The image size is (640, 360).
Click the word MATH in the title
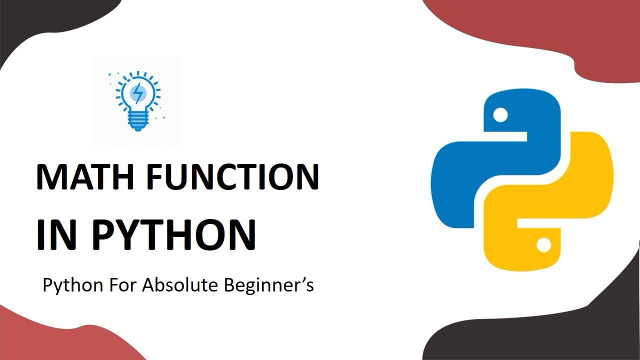[85, 176]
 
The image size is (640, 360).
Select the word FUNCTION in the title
[233, 176]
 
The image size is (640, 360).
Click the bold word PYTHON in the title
[173, 235]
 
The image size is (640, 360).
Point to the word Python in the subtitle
[73, 285]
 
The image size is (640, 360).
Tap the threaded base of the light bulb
[138, 120]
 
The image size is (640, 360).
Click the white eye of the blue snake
[500, 115]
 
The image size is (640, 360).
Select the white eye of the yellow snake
[543, 245]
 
